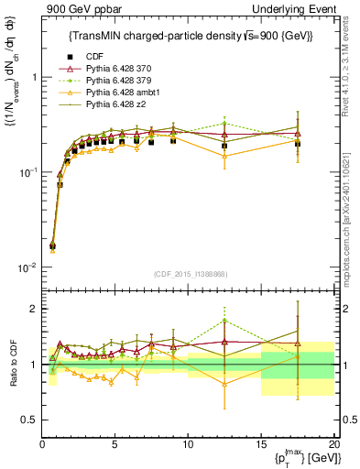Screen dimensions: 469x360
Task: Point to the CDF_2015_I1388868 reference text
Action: [190, 275]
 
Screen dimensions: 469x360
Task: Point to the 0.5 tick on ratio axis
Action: [29, 420]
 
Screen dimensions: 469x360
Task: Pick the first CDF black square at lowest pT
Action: [52, 245]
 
